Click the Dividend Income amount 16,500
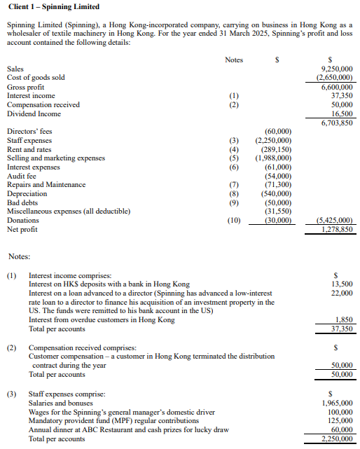tap(341, 113)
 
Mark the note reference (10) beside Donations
tap(234, 220)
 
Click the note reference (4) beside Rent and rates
tap(234, 149)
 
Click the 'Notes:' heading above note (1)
tap(19, 257)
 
